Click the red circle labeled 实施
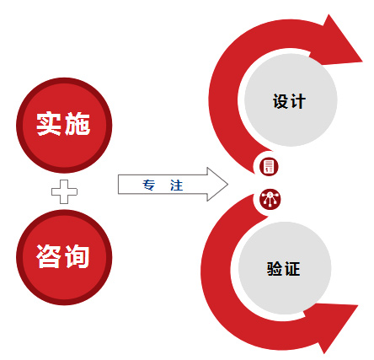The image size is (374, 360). (x=64, y=126)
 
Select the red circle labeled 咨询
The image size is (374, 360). (x=64, y=257)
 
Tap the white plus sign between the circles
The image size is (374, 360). (x=64, y=191)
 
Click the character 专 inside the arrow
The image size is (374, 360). (x=148, y=185)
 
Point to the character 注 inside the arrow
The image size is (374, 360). (x=176, y=185)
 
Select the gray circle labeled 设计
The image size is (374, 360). (x=291, y=99)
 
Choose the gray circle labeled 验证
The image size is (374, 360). (x=285, y=267)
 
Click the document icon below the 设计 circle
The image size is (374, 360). (x=269, y=166)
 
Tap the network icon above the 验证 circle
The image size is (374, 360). (x=270, y=199)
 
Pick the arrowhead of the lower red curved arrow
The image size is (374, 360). (x=334, y=326)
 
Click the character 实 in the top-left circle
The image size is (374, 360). (x=49, y=124)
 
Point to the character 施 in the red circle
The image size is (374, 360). (x=77, y=124)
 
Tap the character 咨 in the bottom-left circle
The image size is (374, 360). (x=48, y=256)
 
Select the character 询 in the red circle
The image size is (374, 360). (x=77, y=256)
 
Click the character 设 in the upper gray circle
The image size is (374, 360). (x=280, y=101)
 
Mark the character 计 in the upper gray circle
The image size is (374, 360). (x=298, y=101)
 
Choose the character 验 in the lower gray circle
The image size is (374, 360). (x=275, y=269)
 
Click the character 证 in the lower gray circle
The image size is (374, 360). (x=292, y=269)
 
